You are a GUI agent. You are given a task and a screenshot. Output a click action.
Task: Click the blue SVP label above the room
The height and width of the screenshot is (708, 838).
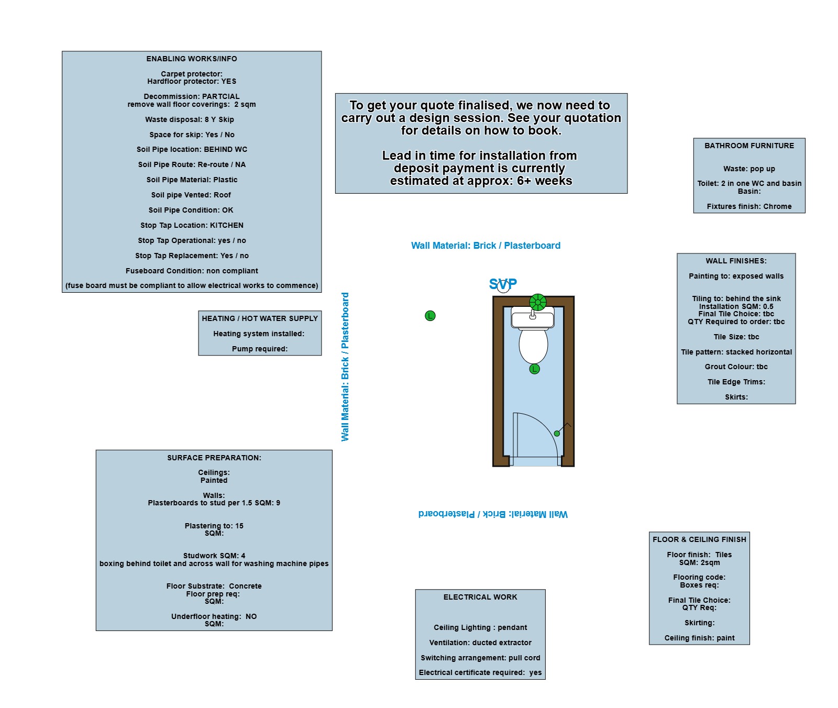point(503,284)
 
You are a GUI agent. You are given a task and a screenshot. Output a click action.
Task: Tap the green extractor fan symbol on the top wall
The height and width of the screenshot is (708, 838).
point(538,302)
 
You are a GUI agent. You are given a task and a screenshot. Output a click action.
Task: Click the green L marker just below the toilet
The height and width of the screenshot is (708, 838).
point(534,369)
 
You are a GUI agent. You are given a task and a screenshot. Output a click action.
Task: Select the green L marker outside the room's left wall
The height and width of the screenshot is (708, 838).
point(430,316)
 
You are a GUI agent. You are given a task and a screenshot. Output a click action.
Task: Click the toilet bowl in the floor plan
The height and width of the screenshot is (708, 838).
point(533,346)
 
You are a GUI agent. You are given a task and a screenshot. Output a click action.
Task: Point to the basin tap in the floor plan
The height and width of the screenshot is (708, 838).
point(533,315)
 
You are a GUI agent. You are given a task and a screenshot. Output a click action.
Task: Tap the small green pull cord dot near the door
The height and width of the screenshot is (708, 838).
point(557,434)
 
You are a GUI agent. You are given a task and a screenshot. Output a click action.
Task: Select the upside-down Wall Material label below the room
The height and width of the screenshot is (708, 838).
point(493,514)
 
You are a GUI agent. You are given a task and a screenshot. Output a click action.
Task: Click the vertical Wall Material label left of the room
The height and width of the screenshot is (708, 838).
point(345,367)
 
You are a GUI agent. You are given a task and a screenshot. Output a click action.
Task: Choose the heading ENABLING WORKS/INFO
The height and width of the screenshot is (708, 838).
point(192,59)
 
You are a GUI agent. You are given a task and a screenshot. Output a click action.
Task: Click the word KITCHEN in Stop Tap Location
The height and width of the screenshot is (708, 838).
point(227,225)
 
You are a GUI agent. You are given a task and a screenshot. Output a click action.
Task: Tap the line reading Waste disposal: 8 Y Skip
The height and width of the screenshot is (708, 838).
point(190,119)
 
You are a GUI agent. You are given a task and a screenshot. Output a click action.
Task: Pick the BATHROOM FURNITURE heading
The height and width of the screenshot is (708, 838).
point(749,146)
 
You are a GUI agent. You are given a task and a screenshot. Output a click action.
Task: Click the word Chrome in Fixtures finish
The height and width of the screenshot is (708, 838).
point(777,206)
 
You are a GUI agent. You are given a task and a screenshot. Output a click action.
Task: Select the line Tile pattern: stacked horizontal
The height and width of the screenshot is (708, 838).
point(736,352)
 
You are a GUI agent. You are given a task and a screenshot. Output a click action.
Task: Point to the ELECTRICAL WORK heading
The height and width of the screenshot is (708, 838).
point(480,597)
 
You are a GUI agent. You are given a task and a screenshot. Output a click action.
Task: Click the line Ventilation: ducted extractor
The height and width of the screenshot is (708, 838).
point(480,643)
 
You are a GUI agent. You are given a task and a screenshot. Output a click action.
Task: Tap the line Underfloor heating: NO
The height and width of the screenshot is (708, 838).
point(214,616)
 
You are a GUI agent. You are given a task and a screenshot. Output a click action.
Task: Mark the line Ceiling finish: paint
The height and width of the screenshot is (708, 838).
point(700,638)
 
